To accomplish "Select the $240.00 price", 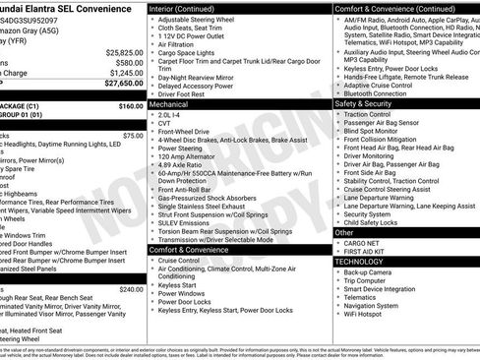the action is coord(131,289).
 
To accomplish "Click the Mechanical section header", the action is coord(169,102).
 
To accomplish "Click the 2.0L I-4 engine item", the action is coord(172,113).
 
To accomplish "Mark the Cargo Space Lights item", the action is coord(193,54).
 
